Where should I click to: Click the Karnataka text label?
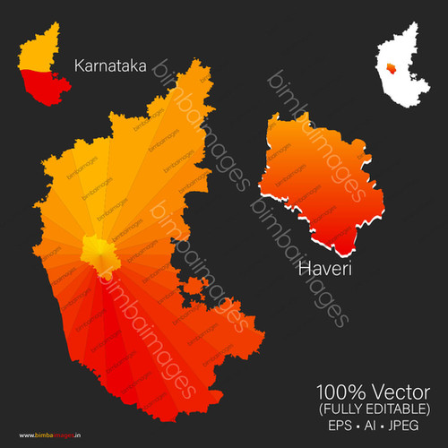(x=110, y=65)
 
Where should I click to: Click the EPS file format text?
(x=337, y=426)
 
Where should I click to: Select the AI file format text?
(x=371, y=426)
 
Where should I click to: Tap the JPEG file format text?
(x=409, y=426)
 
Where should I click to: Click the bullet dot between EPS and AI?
(x=356, y=426)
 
